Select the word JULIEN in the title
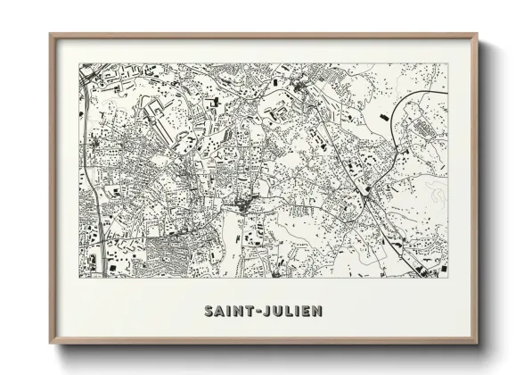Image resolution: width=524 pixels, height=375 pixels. (292, 312)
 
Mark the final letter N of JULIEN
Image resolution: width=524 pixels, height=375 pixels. (317, 312)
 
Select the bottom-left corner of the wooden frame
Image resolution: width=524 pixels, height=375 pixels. (51, 343)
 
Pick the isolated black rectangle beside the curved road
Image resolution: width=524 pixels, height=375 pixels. (384, 116)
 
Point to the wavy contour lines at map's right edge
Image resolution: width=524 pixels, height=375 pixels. (437, 192)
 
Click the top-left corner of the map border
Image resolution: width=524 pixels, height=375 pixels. (79, 63)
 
